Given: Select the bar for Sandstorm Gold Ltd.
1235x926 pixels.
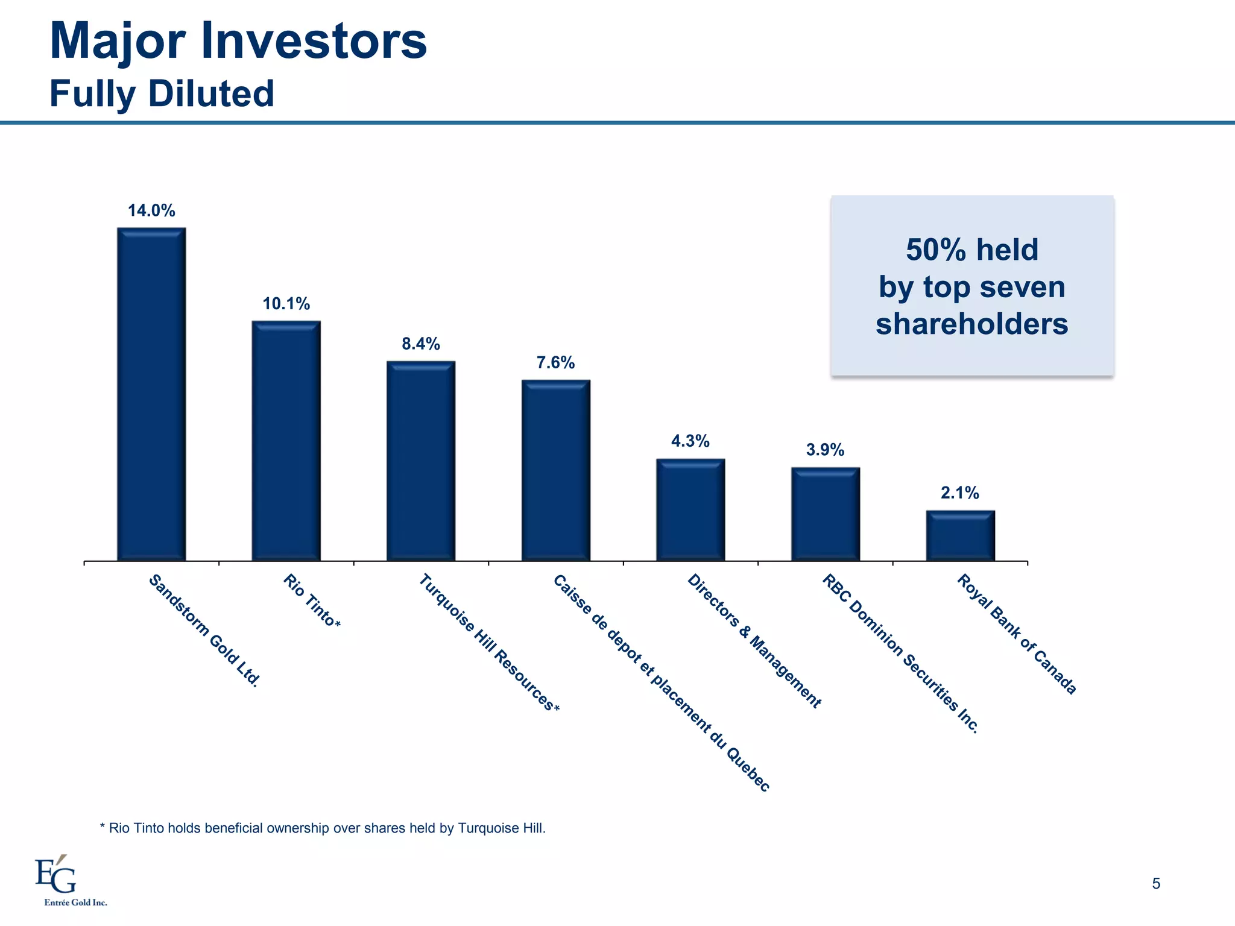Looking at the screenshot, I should [151, 394].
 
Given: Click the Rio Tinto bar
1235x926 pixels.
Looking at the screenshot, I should [286, 441].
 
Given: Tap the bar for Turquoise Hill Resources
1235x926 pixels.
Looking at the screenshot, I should [421, 461].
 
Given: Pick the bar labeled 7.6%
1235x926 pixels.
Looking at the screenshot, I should [555, 470].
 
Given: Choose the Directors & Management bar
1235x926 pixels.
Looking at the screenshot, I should [690, 510].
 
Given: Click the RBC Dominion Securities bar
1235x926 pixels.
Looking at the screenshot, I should [826, 514].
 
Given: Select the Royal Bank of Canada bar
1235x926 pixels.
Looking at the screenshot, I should [960, 536].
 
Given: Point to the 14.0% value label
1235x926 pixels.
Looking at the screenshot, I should [151, 210].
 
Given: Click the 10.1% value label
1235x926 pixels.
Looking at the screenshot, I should [286, 304].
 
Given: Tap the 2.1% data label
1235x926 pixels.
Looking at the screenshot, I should [960, 493].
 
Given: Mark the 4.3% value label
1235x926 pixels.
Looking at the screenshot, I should [690, 441].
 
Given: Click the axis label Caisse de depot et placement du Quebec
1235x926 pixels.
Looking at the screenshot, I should [661, 682].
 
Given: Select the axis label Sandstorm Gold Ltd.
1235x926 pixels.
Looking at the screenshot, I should [204, 631].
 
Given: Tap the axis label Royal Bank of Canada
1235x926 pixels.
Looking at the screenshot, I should [1017, 634].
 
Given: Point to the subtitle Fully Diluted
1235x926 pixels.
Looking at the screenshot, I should [162, 94].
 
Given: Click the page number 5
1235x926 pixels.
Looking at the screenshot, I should [1155, 884].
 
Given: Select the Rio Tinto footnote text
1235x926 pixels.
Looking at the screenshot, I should [323, 828].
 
